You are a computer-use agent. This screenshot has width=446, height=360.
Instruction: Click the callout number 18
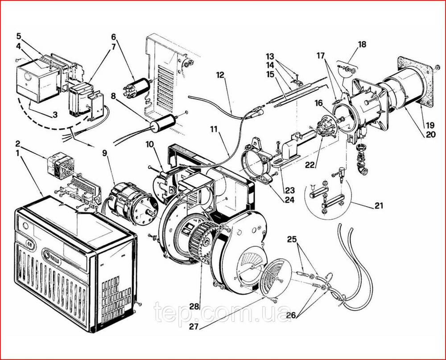(362, 44)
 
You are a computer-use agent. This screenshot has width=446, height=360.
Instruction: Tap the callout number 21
(379, 205)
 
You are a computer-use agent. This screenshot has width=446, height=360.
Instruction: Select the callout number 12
(220, 75)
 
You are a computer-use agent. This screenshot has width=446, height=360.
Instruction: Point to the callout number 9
(105, 153)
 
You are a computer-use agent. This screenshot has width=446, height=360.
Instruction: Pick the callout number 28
(194, 306)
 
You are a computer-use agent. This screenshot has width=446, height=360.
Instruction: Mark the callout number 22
(310, 164)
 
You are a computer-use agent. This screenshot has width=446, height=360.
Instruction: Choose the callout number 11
(214, 129)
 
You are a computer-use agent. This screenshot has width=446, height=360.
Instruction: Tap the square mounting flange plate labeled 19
(417, 81)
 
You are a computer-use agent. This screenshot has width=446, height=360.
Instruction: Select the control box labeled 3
(38, 82)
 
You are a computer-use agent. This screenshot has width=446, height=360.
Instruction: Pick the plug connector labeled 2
(61, 168)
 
